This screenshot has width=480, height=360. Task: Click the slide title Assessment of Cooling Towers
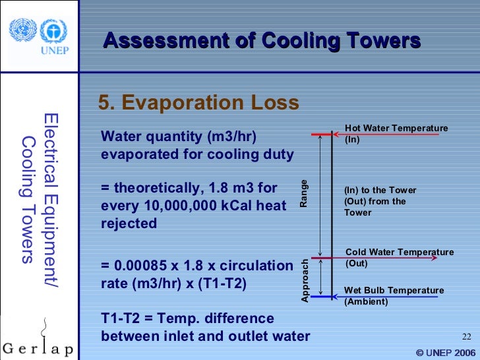tap(262, 41)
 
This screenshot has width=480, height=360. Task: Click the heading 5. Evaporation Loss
tap(198, 104)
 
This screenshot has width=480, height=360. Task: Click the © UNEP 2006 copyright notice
tap(446, 352)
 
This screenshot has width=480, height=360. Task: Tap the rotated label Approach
tap(305, 280)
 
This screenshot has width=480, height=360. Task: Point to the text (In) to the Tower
tap(380, 191)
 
